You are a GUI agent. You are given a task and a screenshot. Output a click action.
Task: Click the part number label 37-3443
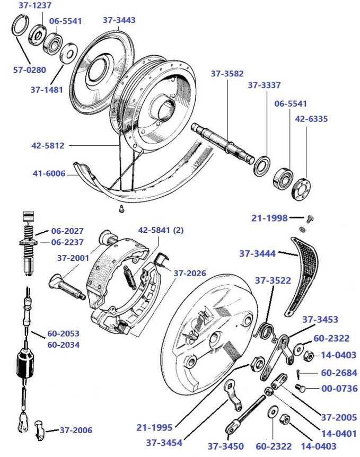119,20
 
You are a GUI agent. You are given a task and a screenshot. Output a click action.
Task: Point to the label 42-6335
311,119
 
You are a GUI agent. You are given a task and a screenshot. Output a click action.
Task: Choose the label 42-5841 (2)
161,231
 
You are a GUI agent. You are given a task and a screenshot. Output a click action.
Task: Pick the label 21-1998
269,218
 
